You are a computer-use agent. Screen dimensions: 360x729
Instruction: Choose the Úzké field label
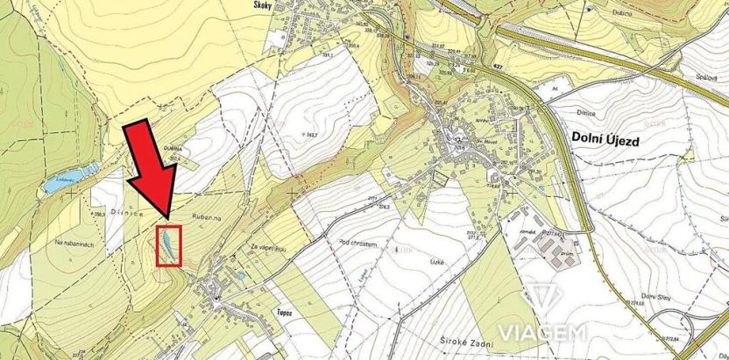click(x=426, y=263)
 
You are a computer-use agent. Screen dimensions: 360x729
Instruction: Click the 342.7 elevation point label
click(x=309, y=133)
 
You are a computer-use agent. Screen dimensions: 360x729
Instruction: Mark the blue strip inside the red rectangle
click(x=164, y=245)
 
